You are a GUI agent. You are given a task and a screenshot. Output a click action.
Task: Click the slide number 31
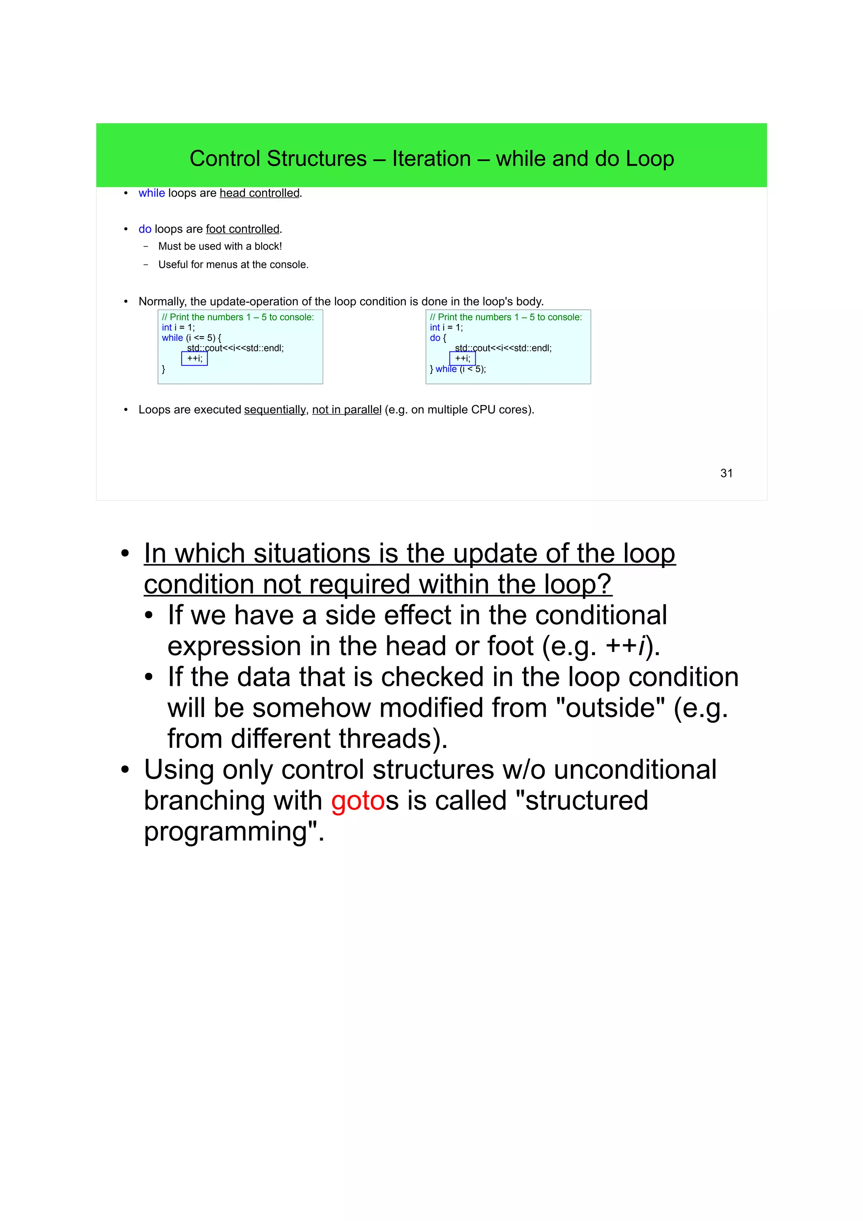[726, 473]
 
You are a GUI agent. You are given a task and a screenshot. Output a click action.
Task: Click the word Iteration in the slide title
[431, 158]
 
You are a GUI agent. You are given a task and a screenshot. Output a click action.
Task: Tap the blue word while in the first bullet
[152, 193]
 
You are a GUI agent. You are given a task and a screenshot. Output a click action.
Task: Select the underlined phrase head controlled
[260, 193]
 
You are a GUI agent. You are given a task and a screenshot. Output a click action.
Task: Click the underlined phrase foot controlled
[242, 229]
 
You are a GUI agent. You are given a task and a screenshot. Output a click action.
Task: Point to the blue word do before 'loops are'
[145, 229]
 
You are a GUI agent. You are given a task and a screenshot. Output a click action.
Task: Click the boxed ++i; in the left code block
[195, 359]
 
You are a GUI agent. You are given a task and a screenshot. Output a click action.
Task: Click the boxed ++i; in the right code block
[463, 359]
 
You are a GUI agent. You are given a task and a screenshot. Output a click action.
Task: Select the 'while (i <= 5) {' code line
[191, 337]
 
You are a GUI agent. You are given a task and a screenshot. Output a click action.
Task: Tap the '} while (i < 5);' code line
[458, 369]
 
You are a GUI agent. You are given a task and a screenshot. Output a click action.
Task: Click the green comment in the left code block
[238, 317]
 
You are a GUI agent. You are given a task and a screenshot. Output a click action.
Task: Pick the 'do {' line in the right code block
[438, 337]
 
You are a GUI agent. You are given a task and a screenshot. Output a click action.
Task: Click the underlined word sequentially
[275, 410]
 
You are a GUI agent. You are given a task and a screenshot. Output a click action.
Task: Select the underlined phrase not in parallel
[347, 410]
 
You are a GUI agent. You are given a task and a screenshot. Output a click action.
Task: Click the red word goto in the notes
[357, 801]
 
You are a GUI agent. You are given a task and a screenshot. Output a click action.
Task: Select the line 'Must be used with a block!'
[220, 246]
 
